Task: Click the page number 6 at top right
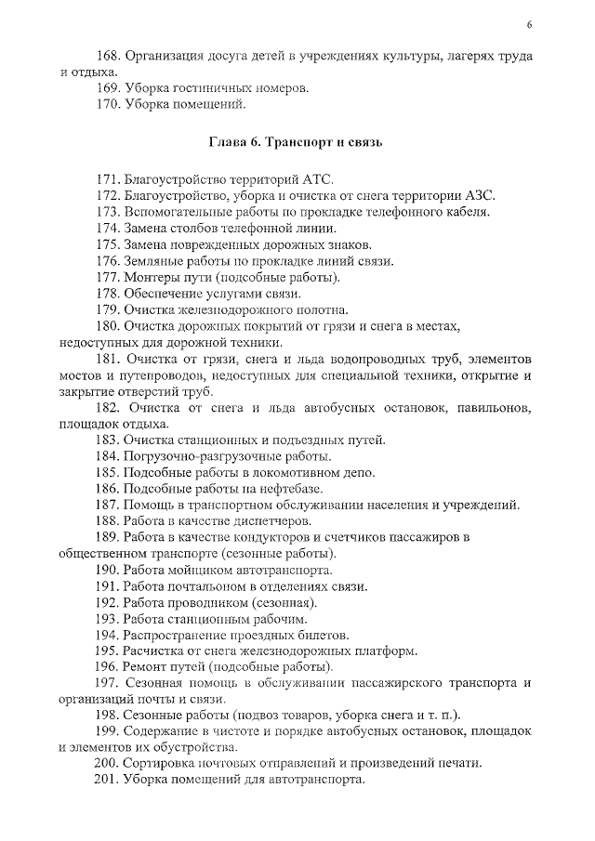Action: click(x=528, y=25)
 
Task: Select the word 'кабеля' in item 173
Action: click(x=466, y=212)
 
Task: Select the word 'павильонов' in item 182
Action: click(x=492, y=408)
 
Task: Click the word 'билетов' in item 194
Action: click(x=323, y=635)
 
